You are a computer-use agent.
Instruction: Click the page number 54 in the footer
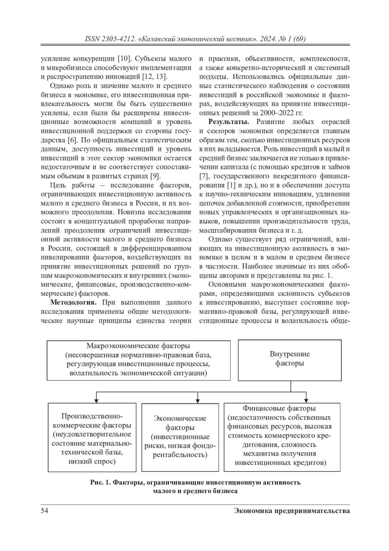pyautogui.click(x=44, y=511)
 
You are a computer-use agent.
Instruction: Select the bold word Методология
pyautogui.click(x=73, y=303)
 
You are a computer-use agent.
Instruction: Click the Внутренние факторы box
pyautogui.click(x=289, y=360)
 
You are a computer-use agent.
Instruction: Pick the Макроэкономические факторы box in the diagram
pyautogui.click(x=138, y=360)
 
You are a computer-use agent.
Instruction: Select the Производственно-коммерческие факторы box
pyautogui.click(x=92, y=437)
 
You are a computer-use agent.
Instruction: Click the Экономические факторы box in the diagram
pyautogui.click(x=180, y=437)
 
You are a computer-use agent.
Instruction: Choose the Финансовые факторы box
pyautogui.click(x=282, y=437)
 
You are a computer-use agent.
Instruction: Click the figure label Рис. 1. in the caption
pyautogui.click(x=100, y=482)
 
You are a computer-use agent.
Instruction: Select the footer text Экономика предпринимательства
pyautogui.click(x=291, y=511)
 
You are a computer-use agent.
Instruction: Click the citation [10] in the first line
pyautogui.click(x=124, y=59)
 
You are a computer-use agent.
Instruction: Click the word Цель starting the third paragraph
pyautogui.click(x=58, y=185)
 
